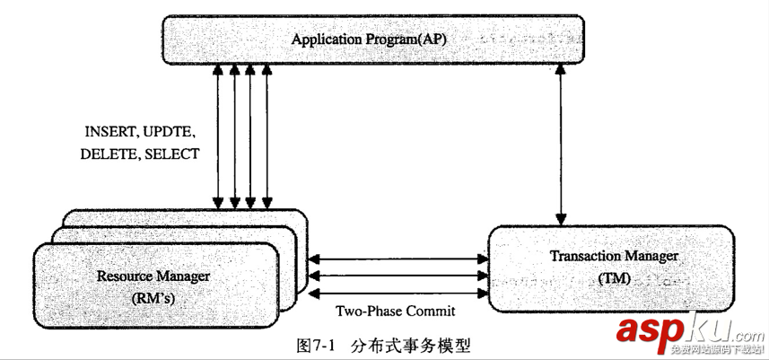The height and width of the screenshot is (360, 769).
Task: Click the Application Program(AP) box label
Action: [369, 40]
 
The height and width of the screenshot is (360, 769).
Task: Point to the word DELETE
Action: [107, 154]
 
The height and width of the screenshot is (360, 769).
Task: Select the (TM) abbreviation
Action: [614, 279]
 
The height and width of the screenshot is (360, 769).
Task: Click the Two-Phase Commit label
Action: [395, 312]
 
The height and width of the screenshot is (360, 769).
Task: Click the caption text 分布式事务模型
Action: [410, 344]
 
